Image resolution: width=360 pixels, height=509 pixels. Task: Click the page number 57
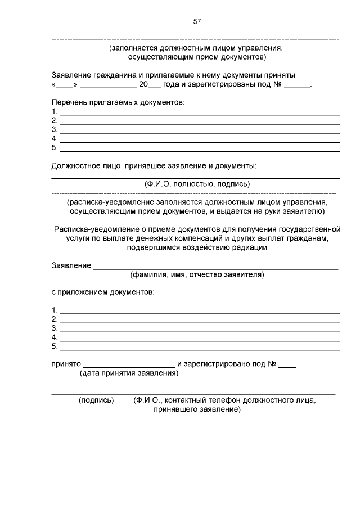(x=197, y=21)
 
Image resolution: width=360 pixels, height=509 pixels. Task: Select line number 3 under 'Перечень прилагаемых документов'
(x=54, y=129)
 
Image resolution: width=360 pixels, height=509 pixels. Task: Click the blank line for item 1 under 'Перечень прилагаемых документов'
(x=200, y=112)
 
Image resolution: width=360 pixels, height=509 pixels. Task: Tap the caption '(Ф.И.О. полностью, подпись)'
(x=197, y=184)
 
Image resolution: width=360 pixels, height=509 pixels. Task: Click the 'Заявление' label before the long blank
(x=71, y=265)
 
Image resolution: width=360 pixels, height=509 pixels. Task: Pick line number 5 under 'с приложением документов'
(x=54, y=346)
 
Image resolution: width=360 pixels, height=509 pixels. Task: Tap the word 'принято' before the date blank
(x=66, y=364)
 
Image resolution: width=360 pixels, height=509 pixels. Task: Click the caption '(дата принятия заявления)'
(x=129, y=373)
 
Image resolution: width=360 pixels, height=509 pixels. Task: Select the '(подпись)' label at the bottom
(x=96, y=400)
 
